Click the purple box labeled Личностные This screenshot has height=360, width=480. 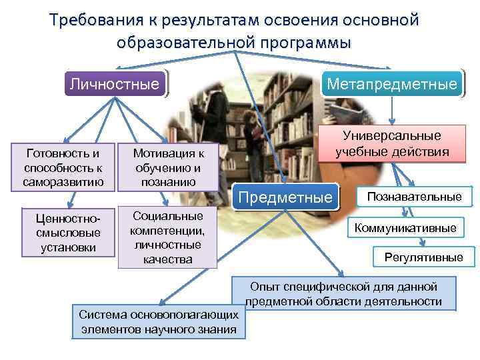click(x=115, y=85)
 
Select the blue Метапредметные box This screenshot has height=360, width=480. click(x=391, y=85)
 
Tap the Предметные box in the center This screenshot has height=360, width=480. click(x=285, y=197)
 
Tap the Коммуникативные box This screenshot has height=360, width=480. click(x=405, y=228)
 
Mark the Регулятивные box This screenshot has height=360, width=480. click(x=424, y=257)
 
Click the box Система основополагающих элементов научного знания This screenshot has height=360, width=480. click(x=158, y=321)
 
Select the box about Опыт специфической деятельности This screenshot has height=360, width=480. click(x=343, y=294)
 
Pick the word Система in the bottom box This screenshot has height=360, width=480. click(x=100, y=314)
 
